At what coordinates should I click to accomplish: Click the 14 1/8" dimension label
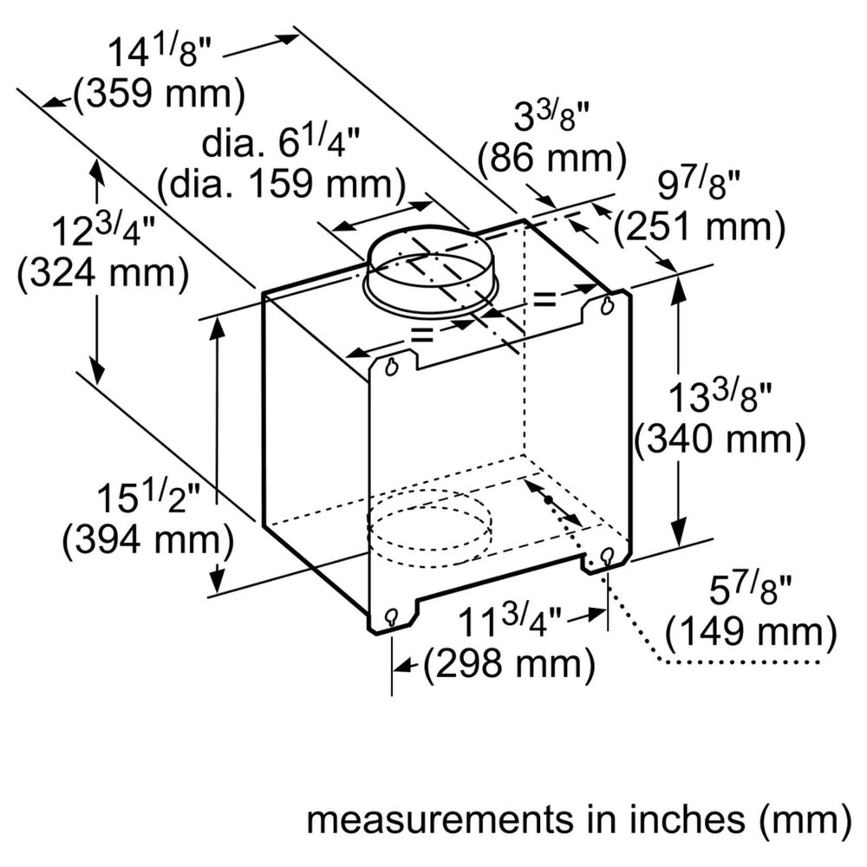[160, 52]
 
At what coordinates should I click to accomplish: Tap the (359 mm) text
[160, 94]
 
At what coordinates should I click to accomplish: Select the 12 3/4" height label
[105, 231]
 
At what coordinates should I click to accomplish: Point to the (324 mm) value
[103, 273]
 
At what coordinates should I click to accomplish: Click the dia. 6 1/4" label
[281, 143]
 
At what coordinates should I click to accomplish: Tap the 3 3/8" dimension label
[552, 117]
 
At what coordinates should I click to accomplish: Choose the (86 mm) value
[551, 159]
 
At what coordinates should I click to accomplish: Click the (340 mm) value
[720, 439]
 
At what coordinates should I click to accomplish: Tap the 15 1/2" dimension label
[147, 497]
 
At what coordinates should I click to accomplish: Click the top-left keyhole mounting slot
[392, 367]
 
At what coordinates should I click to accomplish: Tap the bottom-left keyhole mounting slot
[392, 617]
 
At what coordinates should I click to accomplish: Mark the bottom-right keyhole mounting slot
[607, 555]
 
